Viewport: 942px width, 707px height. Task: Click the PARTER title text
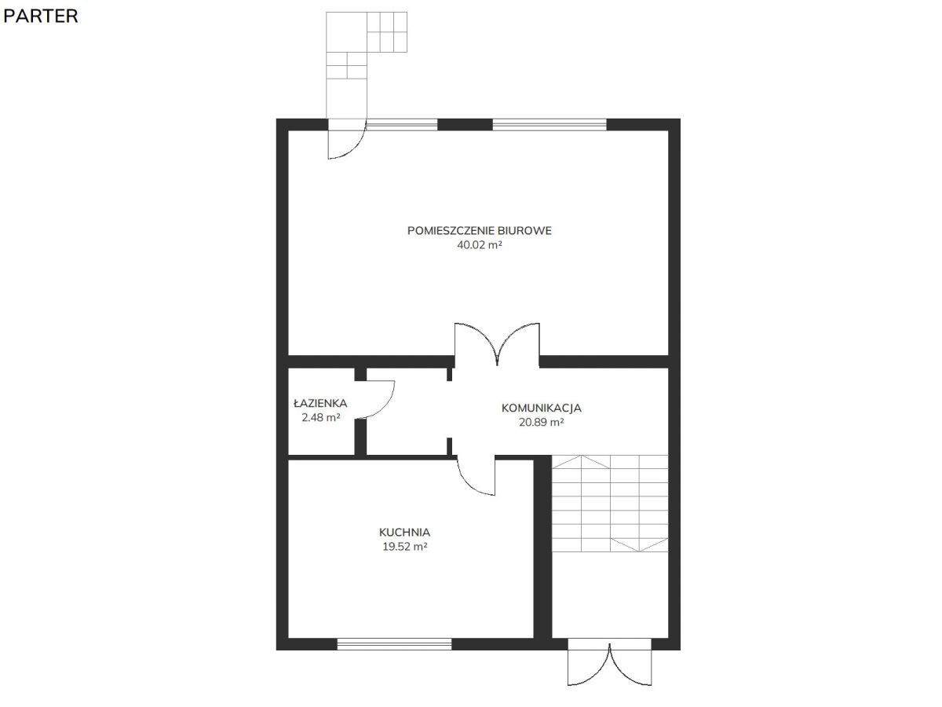coord(41,16)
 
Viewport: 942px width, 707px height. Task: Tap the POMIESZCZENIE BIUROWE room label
coord(479,230)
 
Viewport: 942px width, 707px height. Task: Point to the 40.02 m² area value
coord(480,244)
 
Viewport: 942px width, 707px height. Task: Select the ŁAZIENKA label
coord(320,403)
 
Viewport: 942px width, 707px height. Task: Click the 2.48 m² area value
coord(320,417)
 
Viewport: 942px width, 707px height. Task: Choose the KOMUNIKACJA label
coord(541,408)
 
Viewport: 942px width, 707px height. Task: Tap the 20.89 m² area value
coord(541,422)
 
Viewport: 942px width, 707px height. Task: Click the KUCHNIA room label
coord(404,533)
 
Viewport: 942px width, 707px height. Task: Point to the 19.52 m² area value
coord(405,547)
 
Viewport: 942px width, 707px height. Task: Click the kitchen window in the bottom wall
coord(394,644)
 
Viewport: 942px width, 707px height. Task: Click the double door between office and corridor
coord(497,344)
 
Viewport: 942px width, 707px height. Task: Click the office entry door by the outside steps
coord(348,144)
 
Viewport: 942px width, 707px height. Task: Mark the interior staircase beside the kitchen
coord(610,503)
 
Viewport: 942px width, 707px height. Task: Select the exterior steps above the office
coord(366,64)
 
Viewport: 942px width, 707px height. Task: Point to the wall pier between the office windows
coord(465,124)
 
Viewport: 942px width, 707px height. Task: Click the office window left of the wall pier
coord(402,124)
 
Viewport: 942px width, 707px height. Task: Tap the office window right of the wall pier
coord(549,124)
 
